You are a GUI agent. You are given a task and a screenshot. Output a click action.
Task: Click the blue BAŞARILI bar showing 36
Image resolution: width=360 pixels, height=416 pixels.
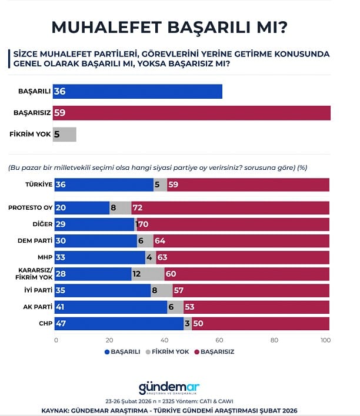pos(138,92)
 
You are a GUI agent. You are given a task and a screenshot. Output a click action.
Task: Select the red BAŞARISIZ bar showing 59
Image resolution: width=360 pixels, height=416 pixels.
pos(192,113)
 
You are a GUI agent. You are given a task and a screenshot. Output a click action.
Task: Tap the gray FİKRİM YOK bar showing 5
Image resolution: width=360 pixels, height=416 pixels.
pos(65,134)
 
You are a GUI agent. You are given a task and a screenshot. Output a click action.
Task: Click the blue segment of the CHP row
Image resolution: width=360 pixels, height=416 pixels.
pos(119,324)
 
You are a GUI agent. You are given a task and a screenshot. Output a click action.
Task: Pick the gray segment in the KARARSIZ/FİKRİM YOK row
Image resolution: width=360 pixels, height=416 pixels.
pos(148,274)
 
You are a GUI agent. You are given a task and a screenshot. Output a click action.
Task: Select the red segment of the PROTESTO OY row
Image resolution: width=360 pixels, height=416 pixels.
pos(230,207)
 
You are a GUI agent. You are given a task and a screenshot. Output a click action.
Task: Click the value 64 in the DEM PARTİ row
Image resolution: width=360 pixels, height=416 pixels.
pos(161,241)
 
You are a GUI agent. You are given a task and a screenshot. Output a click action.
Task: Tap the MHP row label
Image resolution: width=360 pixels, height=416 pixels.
pos(44,257)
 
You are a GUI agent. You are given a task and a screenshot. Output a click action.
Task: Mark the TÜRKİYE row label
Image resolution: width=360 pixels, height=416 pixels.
pos(38,184)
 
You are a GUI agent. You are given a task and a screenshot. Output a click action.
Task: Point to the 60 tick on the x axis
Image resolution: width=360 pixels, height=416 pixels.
pos(219,340)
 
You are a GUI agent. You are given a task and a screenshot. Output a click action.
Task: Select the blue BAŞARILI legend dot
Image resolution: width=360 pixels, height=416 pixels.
pos(107,351)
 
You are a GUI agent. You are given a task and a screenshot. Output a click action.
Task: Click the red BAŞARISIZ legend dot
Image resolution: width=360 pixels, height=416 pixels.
pos(196,351)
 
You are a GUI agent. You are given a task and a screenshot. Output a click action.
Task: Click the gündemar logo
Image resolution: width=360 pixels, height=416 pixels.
pos(169,388)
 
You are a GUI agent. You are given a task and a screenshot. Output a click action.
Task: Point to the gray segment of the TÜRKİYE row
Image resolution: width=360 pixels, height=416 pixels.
pos(160,184)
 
